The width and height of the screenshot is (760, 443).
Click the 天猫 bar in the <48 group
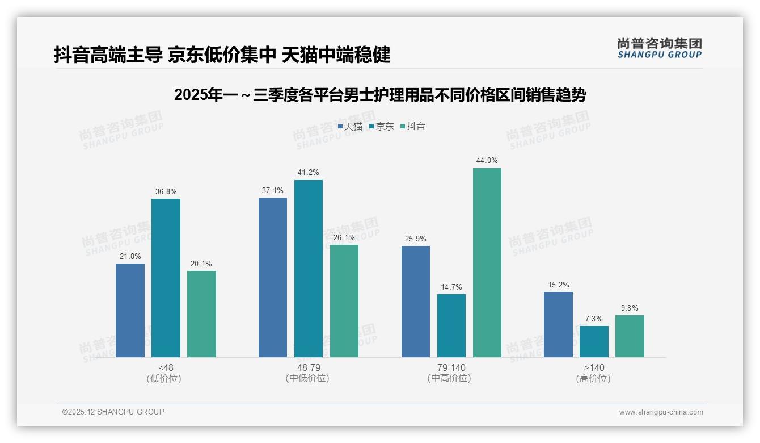point(130,310)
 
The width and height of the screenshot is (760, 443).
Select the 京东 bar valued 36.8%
point(166,278)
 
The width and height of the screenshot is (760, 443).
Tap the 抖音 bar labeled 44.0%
point(487,262)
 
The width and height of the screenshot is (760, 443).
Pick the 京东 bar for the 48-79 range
point(308,268)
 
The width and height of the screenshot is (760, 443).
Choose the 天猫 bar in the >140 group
point(558,324)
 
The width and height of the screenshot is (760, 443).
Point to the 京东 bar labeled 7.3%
point(594,341)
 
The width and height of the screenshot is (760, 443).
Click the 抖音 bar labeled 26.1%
point(344,300)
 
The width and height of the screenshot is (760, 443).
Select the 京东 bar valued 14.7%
point(451,325)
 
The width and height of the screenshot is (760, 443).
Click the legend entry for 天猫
point(350,127)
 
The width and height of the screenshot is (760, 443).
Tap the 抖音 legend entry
point(413,127)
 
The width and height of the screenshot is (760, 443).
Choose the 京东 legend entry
point(381,127)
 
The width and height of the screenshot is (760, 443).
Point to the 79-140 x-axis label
point(451,368)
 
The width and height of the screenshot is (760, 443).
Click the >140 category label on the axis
point(594,368)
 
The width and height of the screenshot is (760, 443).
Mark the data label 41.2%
point(308,173)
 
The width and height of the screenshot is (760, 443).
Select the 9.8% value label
point(630,308)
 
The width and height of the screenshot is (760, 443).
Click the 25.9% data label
point(416,239)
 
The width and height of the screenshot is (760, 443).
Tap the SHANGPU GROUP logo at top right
point(659,48)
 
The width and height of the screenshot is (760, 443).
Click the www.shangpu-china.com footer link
point(661,412)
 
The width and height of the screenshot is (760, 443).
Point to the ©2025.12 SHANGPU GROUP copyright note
point(113,412)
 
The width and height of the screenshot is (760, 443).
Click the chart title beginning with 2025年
point(380,95)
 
